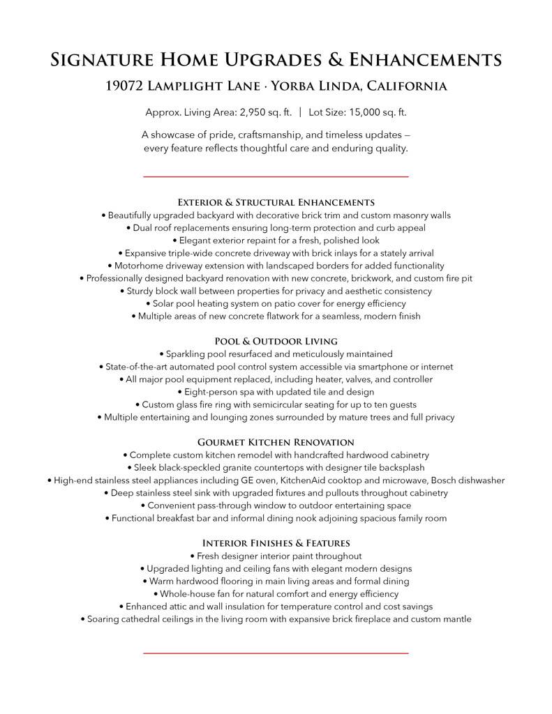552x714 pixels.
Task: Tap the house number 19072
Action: pos(126,87)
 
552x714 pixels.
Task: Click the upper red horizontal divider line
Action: pos(276,177)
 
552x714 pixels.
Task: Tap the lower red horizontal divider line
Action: pos(276,653)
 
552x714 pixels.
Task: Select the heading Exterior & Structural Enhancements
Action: pos(276,202)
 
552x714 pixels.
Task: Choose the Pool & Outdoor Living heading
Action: pos(276,341)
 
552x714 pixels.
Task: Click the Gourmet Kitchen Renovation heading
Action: pos(276,442)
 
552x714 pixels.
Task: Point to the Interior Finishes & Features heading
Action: pos(276,542)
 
